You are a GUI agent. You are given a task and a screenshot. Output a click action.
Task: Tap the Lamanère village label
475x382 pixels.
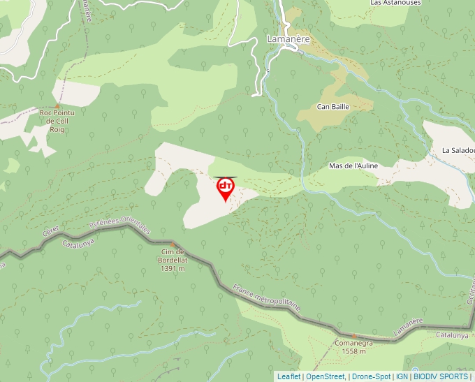coord(288,39)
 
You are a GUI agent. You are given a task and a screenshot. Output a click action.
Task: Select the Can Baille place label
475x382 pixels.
coord(332,107)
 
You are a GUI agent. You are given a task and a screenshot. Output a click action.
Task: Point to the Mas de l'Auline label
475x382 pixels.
coord(353,166)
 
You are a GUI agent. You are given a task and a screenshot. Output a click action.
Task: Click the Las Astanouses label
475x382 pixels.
coord(395,3)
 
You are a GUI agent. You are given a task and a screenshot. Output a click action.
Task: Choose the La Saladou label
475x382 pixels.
coord(458,150)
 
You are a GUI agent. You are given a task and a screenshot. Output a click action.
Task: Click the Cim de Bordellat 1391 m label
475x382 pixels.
coord(172,260)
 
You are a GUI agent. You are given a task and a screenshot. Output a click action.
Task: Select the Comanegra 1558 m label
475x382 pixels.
coord(353,347)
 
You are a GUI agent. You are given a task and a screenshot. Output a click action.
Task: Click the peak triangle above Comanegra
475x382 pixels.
coord(353,336)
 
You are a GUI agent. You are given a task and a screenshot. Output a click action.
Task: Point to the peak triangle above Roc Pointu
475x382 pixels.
coord(57,105)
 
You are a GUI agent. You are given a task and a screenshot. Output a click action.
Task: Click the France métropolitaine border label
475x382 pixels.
coord(267,297)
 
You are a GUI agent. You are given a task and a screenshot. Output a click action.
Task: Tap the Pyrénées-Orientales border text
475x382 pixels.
coord(120,225)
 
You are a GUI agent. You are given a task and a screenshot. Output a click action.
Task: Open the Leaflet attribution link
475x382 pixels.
coord(288,376)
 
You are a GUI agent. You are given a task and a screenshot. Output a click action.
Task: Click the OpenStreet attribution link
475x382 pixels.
coord(325,376)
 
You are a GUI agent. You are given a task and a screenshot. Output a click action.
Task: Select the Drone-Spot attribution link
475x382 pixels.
coord(371,376)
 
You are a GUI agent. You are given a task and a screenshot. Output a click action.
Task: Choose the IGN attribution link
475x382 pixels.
coord(402,376)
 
